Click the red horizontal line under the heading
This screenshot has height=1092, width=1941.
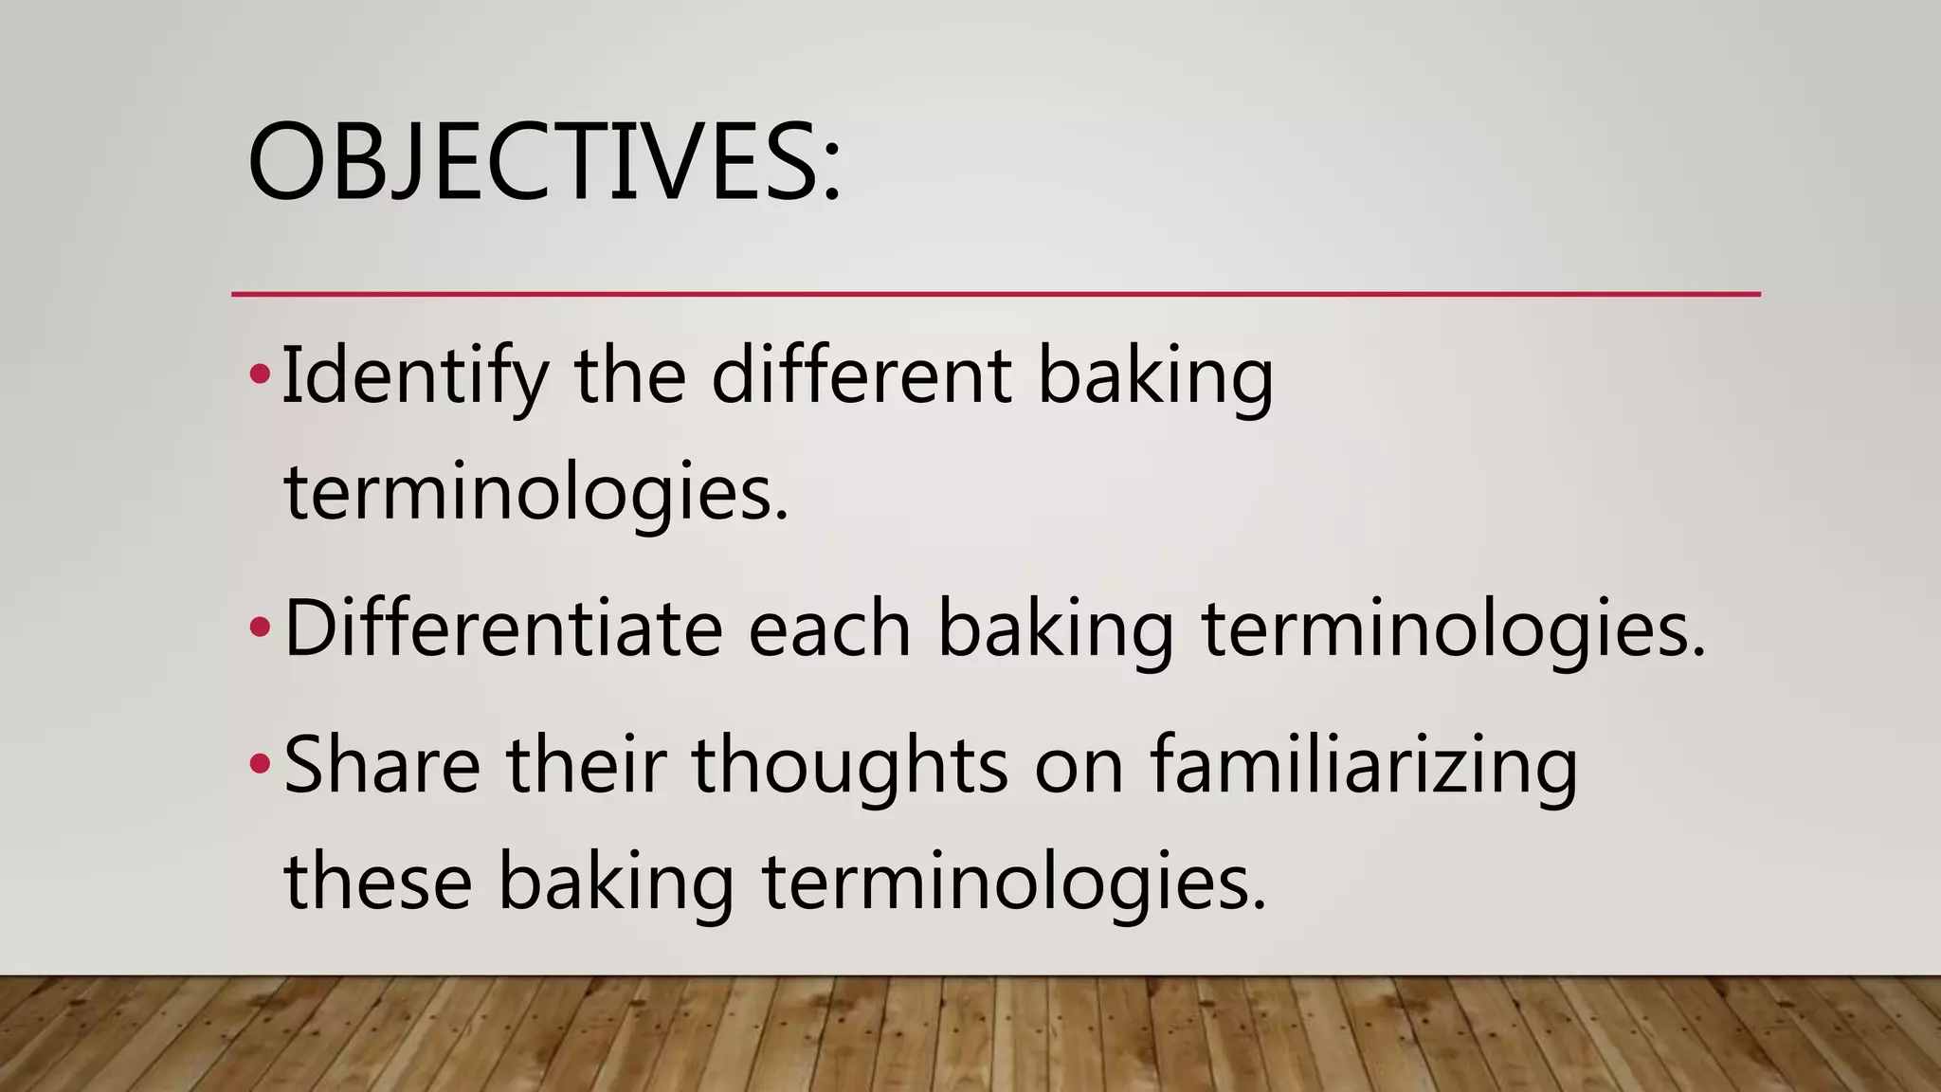click(995, 295)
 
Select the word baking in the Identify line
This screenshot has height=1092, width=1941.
click(1155, 376)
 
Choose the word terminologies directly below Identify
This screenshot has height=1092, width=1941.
click(536, 494)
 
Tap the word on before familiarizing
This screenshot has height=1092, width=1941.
click(1079, 766)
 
